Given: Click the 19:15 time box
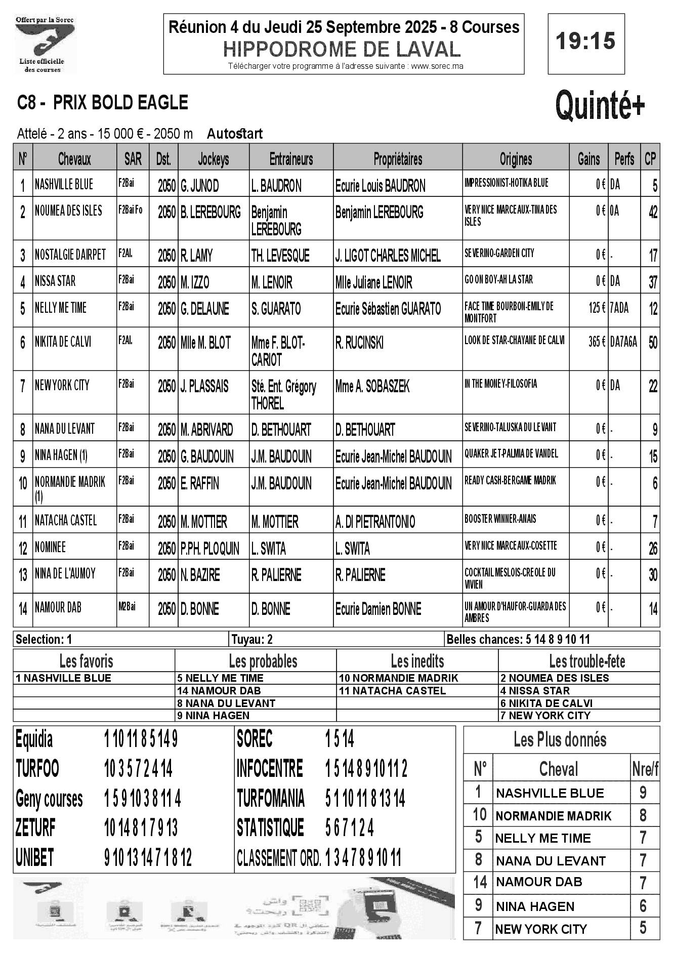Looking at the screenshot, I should [586, 42].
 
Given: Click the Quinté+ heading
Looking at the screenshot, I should [600, 105].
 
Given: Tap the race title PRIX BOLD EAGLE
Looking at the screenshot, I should [120, 103].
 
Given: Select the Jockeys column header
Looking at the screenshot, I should [213, 159].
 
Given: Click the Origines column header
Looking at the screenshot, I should [516, 159].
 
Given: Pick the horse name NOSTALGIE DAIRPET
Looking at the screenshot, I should [70, 255].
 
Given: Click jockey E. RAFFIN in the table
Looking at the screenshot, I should [200, 484].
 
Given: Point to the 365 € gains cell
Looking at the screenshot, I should [597, 342].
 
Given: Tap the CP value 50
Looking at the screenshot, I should [653, 343].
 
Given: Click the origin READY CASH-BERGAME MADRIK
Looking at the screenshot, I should [510, 480].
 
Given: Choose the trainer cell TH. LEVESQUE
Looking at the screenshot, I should [280, 256].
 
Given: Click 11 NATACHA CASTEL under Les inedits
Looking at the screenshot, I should [392, 690].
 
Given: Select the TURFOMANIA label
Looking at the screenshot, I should [271, 799].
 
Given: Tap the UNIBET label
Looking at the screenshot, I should [35, 858].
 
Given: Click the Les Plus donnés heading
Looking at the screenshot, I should [560, 740].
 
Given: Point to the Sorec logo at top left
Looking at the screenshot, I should [45, 45].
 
